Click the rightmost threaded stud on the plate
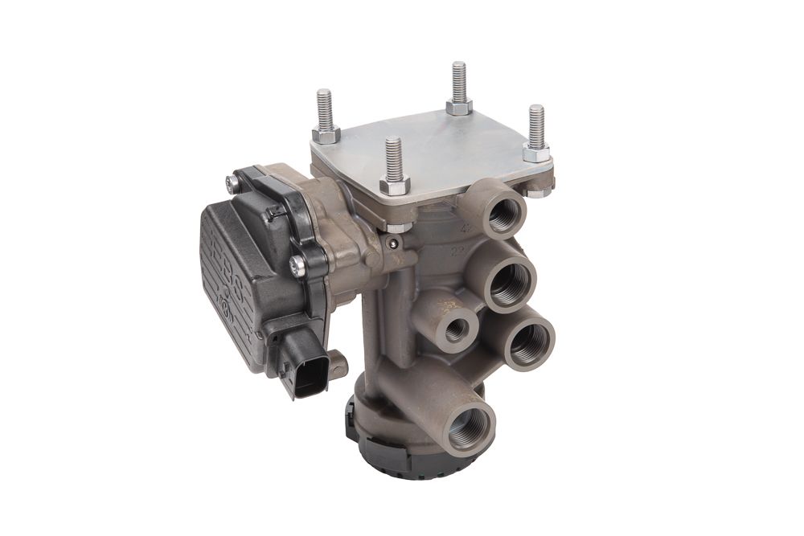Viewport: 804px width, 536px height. point(536,126)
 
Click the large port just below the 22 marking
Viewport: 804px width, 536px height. point(511,284)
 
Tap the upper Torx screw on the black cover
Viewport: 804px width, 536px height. point(233,185)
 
